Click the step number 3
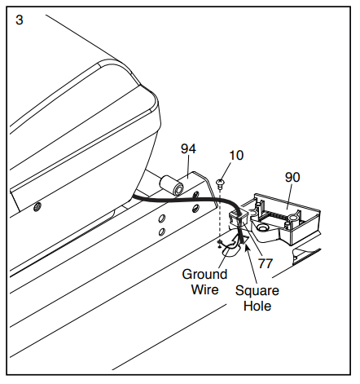click(x=20, y=20)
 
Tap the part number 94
click(x=188, y=148)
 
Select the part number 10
click(x=236, y=156)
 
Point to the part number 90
click(x=292, y=177)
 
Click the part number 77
click(x=265, y=263)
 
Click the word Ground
click(x=204, y=274)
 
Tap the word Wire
click(x=204, y=289)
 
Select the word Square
click(x=257, y=290)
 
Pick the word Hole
click(x=257, y=306)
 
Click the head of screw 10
click(x=220, y=181)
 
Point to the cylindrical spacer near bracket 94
click(x=171, y=185)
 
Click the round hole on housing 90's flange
click(x=262, y=227)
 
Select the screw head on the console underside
click(x=37, y=207)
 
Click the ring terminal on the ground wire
click(x=220, y=241)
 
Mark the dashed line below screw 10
click(x=220, y=214)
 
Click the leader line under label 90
click(x=290, y=196)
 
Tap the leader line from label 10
click(x=227, y=170)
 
